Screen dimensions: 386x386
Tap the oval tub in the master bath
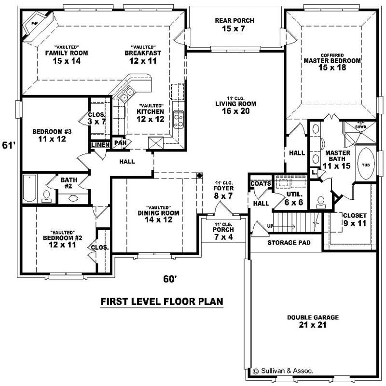[363, 165]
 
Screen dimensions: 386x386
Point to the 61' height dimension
[7, 145]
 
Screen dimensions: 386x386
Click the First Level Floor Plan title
[162, 302]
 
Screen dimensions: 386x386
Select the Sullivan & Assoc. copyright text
[283, 371]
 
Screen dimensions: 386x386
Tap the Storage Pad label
[289, 243]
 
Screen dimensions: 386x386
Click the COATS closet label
[259, 183]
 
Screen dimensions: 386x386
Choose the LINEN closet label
[100, 144]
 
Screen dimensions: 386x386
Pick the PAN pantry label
[119, 143]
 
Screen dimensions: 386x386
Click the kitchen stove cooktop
[178, 118]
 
